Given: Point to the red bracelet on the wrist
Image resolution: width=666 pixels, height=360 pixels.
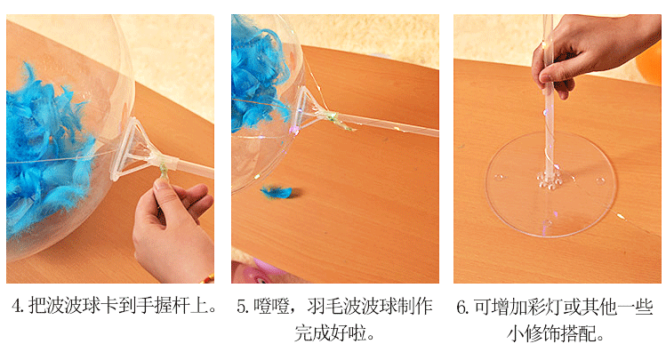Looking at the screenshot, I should pyautogui.click(x=207, y=278).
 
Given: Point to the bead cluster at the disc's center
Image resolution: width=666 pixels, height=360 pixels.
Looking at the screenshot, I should pyautogui.click(x=546, y=180).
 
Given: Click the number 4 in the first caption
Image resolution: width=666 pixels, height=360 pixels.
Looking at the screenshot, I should pyautogui.click(x=17, y=308).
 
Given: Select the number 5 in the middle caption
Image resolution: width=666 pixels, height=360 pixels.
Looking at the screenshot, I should pyautogui.click(x=241, y=308).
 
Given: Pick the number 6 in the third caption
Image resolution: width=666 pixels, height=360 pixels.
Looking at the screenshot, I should pyautogui.click(x=462, y=308).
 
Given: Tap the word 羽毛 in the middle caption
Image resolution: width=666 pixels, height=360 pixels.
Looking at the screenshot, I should pyautogui.click(x=329, y=308).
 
